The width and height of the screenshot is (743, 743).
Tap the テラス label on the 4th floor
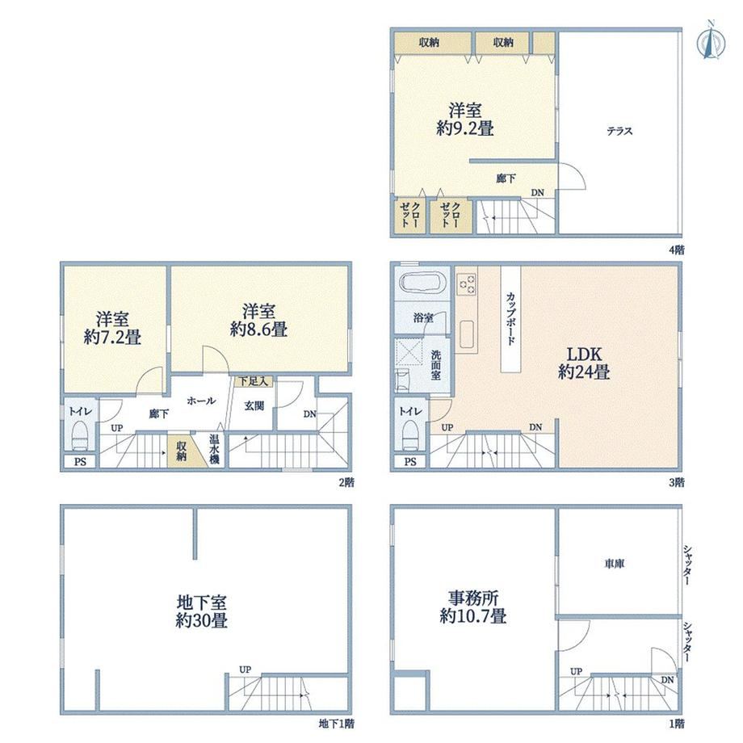coord(619,132)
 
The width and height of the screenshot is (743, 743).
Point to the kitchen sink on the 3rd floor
coord(467,334)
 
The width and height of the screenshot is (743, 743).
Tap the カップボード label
coord(510,318)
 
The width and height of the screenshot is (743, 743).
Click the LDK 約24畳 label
coord(584,363)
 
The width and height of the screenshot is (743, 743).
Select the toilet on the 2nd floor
coord(80,436)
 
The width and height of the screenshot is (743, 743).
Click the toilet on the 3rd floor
coord(410,436)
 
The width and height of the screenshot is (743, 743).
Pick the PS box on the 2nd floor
coord(80,461)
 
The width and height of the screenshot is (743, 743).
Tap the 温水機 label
coord(214,449)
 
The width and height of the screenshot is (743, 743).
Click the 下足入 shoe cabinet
coord(254,381)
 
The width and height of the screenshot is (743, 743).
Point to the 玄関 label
coord(254,406)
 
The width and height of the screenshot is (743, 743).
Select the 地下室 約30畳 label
coord(201,611)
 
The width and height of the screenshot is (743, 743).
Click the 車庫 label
coord(614,564)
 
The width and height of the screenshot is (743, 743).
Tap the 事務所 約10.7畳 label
coord(473,607)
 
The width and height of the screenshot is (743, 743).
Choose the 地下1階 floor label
coord(336,724)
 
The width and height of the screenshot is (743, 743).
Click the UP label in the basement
coord(245,670)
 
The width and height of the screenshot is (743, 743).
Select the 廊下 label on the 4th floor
coord(506,178)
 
